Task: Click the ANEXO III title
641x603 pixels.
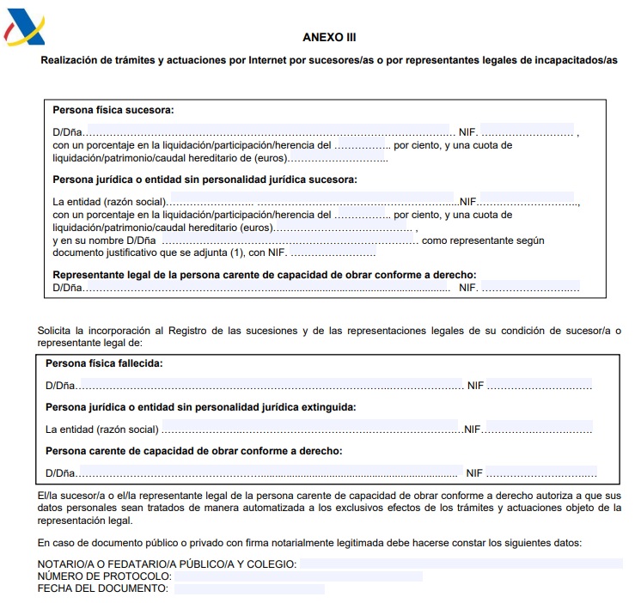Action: (x=329, y=38)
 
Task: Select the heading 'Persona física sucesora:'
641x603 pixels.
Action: (x=113, y=110)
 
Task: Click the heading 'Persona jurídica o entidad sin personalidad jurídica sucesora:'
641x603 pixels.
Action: (x=205, y=180)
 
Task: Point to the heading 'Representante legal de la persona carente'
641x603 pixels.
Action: (x=265, y=275)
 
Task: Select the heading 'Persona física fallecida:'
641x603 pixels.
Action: (x=104, y=363)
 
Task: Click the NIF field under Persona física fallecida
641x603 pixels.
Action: (x=540, y=384)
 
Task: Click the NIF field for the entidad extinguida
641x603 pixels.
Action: (x=538, y=427)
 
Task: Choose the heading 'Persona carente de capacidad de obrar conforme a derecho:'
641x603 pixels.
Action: (x=193, y=450)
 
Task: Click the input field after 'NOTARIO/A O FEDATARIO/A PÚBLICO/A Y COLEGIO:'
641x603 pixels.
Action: (x=461, y=563)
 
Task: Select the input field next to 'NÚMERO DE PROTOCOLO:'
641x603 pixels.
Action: (x=298, y=576)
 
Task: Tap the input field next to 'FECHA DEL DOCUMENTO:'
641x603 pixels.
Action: (x=249, y=589)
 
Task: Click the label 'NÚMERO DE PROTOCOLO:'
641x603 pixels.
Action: (x=104, y=576)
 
